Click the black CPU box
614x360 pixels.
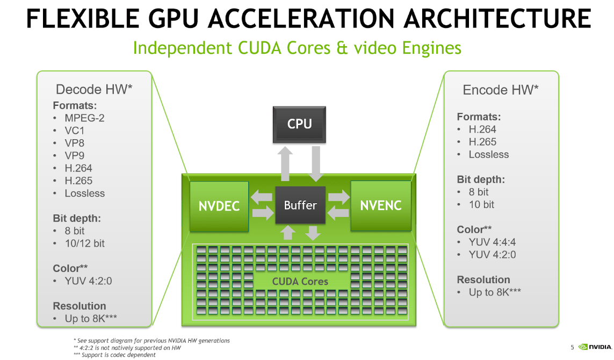pos(299,124)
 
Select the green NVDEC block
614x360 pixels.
pos(219,206)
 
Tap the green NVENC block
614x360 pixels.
pos(380,206)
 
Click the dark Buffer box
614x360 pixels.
pos(300,205)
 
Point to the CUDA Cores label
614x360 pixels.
pos(300,281)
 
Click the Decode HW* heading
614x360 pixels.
pos(94,89)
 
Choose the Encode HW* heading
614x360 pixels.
pos(501,90)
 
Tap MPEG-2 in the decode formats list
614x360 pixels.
pos(84,118)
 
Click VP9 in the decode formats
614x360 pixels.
pos(75,155)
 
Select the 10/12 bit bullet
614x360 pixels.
pos(84,243)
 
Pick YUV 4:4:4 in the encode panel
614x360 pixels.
pos(492,242)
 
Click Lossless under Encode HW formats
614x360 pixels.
pos(488,154)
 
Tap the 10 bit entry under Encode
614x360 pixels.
pos(481,204)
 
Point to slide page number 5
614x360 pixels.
pos(572,348)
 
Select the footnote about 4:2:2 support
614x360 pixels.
pos(127,348)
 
